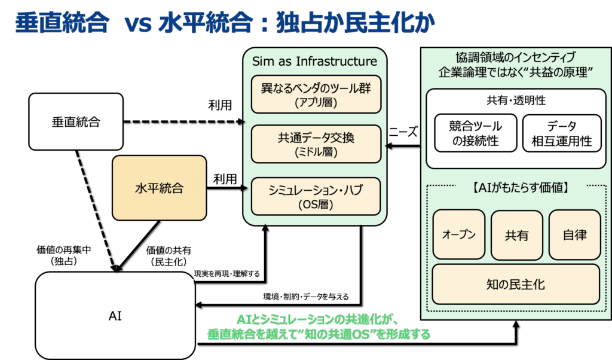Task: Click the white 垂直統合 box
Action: click(x=76, y=122)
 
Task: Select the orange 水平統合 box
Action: click(x=159, y=189)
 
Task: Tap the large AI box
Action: click(x=115, y=316)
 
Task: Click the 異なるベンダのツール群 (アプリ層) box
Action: click(x=316, y=94)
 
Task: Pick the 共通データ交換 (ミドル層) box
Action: click(x=316, y=144)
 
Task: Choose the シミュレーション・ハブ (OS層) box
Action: click(x=316, y=196)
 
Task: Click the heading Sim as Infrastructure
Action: click(x=314, y=62)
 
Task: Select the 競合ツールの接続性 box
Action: click(x=475, y=133)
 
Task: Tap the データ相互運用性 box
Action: click(x=561, y=133)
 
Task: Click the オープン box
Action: click(x=458, y=234)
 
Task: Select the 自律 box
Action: click(x=574, y=234)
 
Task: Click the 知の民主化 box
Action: click(x=516, y=283)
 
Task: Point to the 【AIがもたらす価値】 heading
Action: click(x=516, y=188)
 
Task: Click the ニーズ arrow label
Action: click(x=404, y=132)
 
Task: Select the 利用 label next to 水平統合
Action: click(x=225, y=179)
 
